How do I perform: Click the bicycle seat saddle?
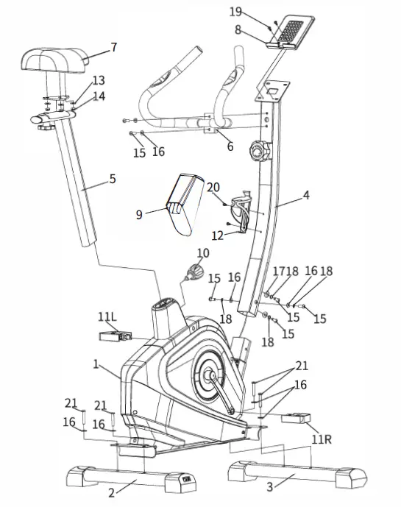(x=54, y=60)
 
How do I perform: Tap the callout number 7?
(x=113, y=48)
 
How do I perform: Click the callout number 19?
(x=235, y=12)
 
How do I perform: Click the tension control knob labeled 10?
(x=194, y=272)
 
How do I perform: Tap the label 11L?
(x=107, y=317)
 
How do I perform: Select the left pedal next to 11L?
(x=116, y=336)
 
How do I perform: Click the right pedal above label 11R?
(x=296, y=418)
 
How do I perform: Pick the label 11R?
(x=322, y=439)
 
